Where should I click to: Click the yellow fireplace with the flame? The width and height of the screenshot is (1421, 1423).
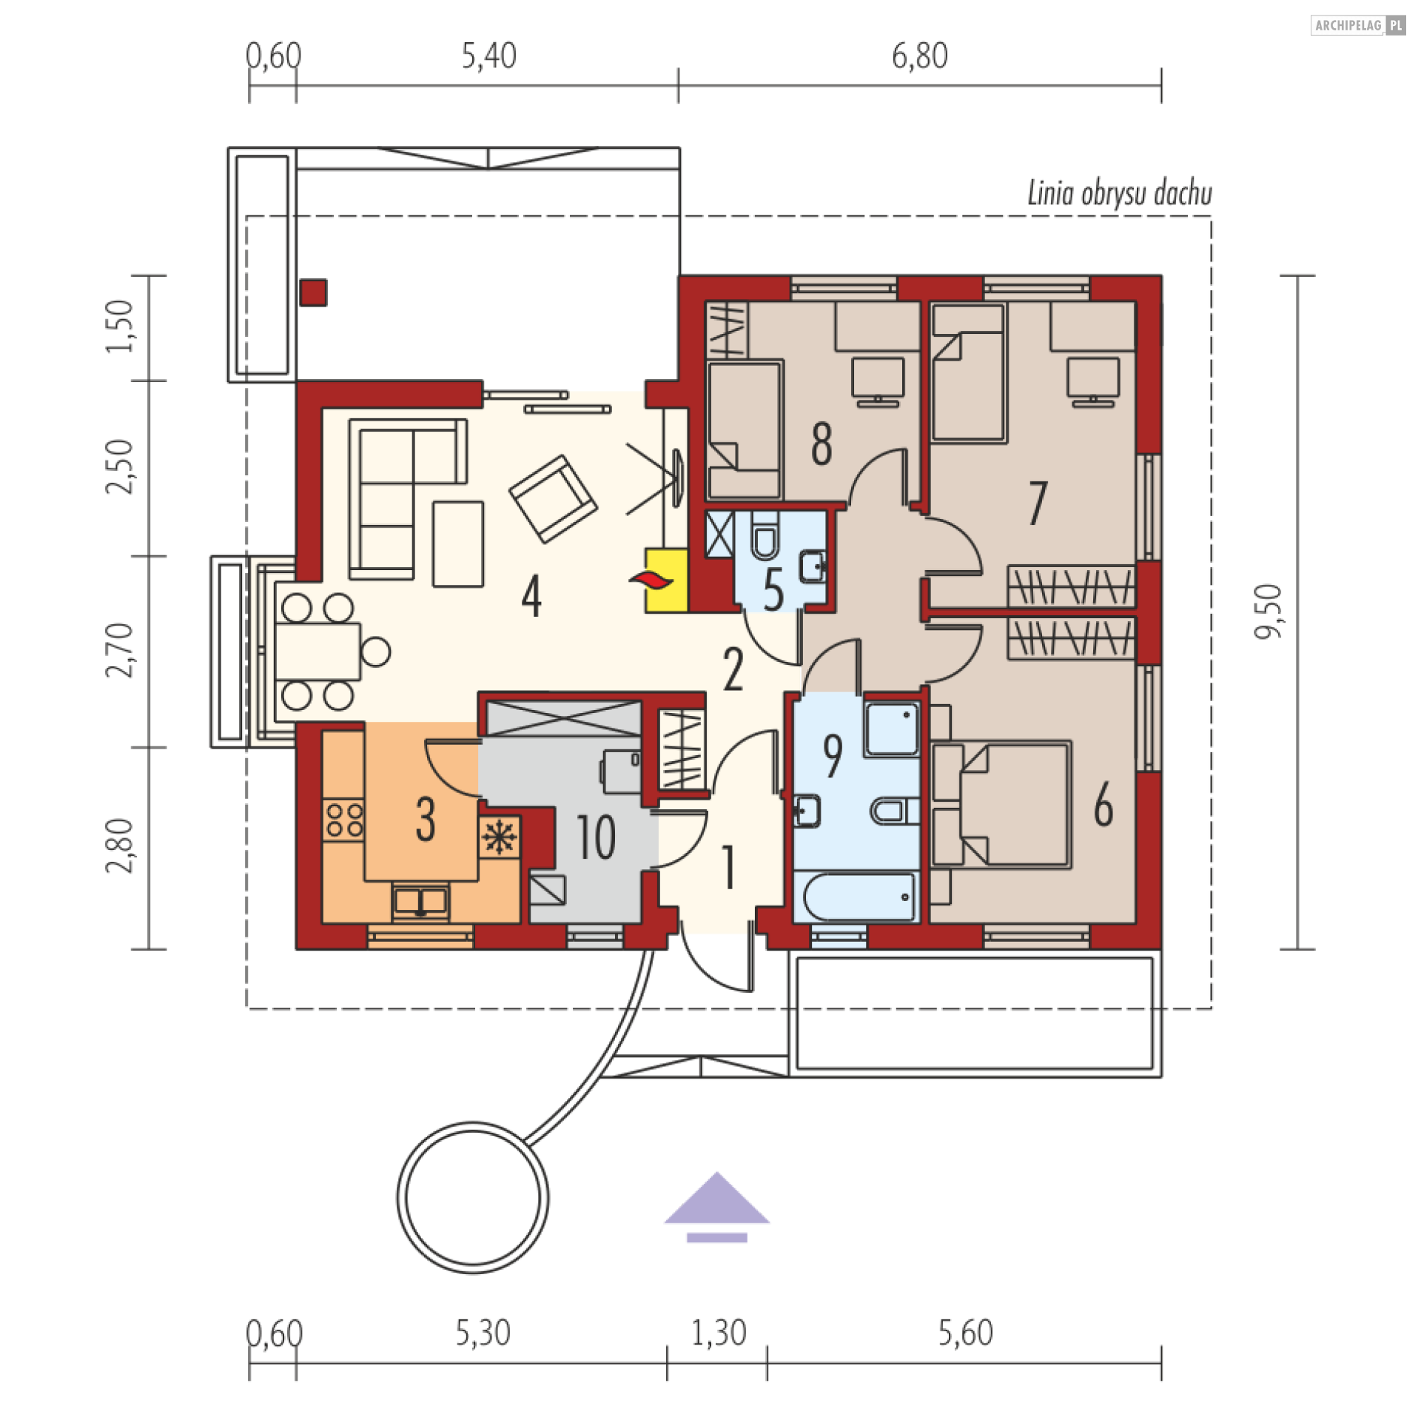click(x=666, y=580)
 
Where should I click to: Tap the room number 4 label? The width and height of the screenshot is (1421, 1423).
click(x=531, y=597)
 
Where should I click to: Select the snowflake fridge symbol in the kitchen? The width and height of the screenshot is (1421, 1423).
click(x=500, y=837)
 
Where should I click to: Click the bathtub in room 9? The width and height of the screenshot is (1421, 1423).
click(x=858, y=897)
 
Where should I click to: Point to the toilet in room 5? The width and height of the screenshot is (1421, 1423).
click(x=765, y=535)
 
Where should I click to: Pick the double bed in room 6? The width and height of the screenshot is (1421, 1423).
click(x=1001, y=804)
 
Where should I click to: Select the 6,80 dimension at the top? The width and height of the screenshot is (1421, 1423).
click(x=919, y=56)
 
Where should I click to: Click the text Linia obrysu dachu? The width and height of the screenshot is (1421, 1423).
click(x=1120, y=194)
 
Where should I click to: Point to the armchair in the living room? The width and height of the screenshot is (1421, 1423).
click(x=553, y=499)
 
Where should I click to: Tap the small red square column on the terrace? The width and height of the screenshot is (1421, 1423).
click(x=313, y=292)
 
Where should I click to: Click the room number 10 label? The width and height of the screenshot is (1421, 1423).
click(x=596, y=837)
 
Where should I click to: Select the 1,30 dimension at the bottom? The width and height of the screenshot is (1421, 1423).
click(x=718, y=1333)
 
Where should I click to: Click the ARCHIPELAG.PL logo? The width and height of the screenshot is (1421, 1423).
click(x=1358, y=25)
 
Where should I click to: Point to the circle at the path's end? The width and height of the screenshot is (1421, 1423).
click(x=473, y=1198)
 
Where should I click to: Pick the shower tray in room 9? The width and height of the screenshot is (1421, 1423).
click(x=892, y=729)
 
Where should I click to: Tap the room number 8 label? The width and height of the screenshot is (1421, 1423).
click(x=822, y=444)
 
